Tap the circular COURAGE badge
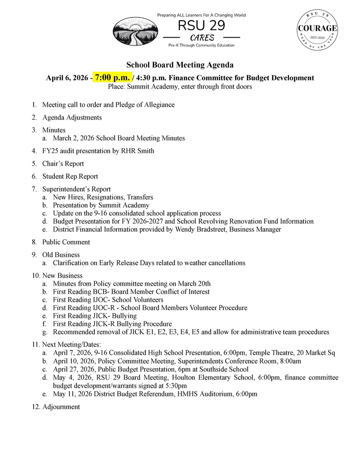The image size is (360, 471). click(x=317, y=29)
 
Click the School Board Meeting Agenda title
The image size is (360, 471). click(x=180, y=65)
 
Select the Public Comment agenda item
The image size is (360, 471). click(x=66, y=242)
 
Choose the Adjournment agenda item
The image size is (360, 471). click(x=61, y=407)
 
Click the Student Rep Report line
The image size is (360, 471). click(x=70, y=176)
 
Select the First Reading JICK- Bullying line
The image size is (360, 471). click(x=94, y=316)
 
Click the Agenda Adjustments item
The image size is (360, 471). click(x=72, y=117)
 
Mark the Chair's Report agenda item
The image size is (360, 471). click(x=63, y=163)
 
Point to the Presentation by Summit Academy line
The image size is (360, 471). click(x=101, y=205)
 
